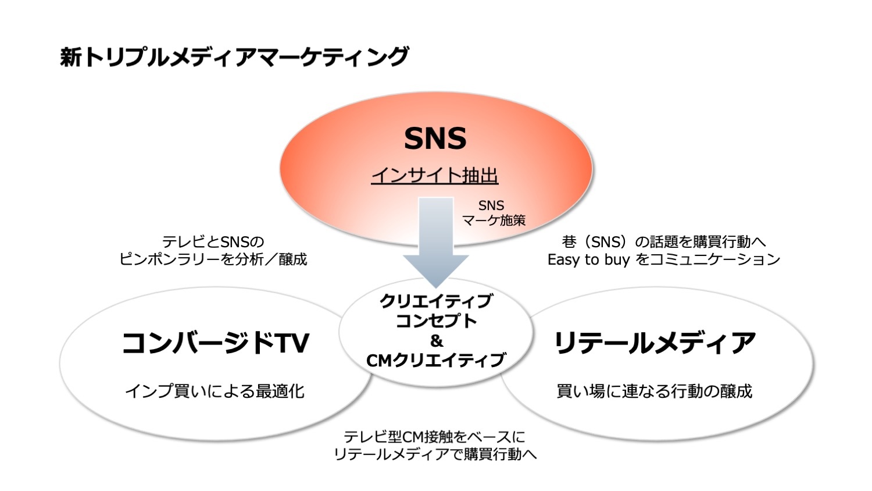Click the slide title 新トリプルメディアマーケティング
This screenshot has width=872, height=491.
pyautogui.click(x=234, y=57)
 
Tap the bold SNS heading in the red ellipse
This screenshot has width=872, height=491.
pyautogui.click(x=435, y=138)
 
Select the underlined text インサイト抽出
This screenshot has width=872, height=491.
pyautogui.click(x=435, y=176)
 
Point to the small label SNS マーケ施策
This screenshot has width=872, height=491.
pyautogui.click(x=493, y=213)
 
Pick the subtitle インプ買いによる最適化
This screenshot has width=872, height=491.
pyautogui.click(x=215, y=392)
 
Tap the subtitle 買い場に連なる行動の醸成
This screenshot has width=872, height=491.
pyautogui.click(x=655, y=392)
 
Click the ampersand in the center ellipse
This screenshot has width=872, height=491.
pyautogui.click(x=437, y=341)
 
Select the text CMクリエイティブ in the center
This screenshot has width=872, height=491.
pyautogui.click(x=436, y=360)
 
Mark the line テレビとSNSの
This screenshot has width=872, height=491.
pyautogui.click(x=213, y=242)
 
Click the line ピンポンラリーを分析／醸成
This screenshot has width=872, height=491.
pyautogui.click(x=213, y=259)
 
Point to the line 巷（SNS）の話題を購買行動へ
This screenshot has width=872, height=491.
pyautogui.click(x=664, y=242)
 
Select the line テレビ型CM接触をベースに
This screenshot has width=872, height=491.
pyautogui.click(x=434, y=437)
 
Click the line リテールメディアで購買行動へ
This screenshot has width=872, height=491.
pyautogui.click(x=435, y=454)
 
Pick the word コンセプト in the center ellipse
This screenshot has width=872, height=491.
pyautogui.click(x=436, y=321)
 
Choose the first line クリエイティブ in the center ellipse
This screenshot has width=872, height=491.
pyautogui.click(x=436, y=301)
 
